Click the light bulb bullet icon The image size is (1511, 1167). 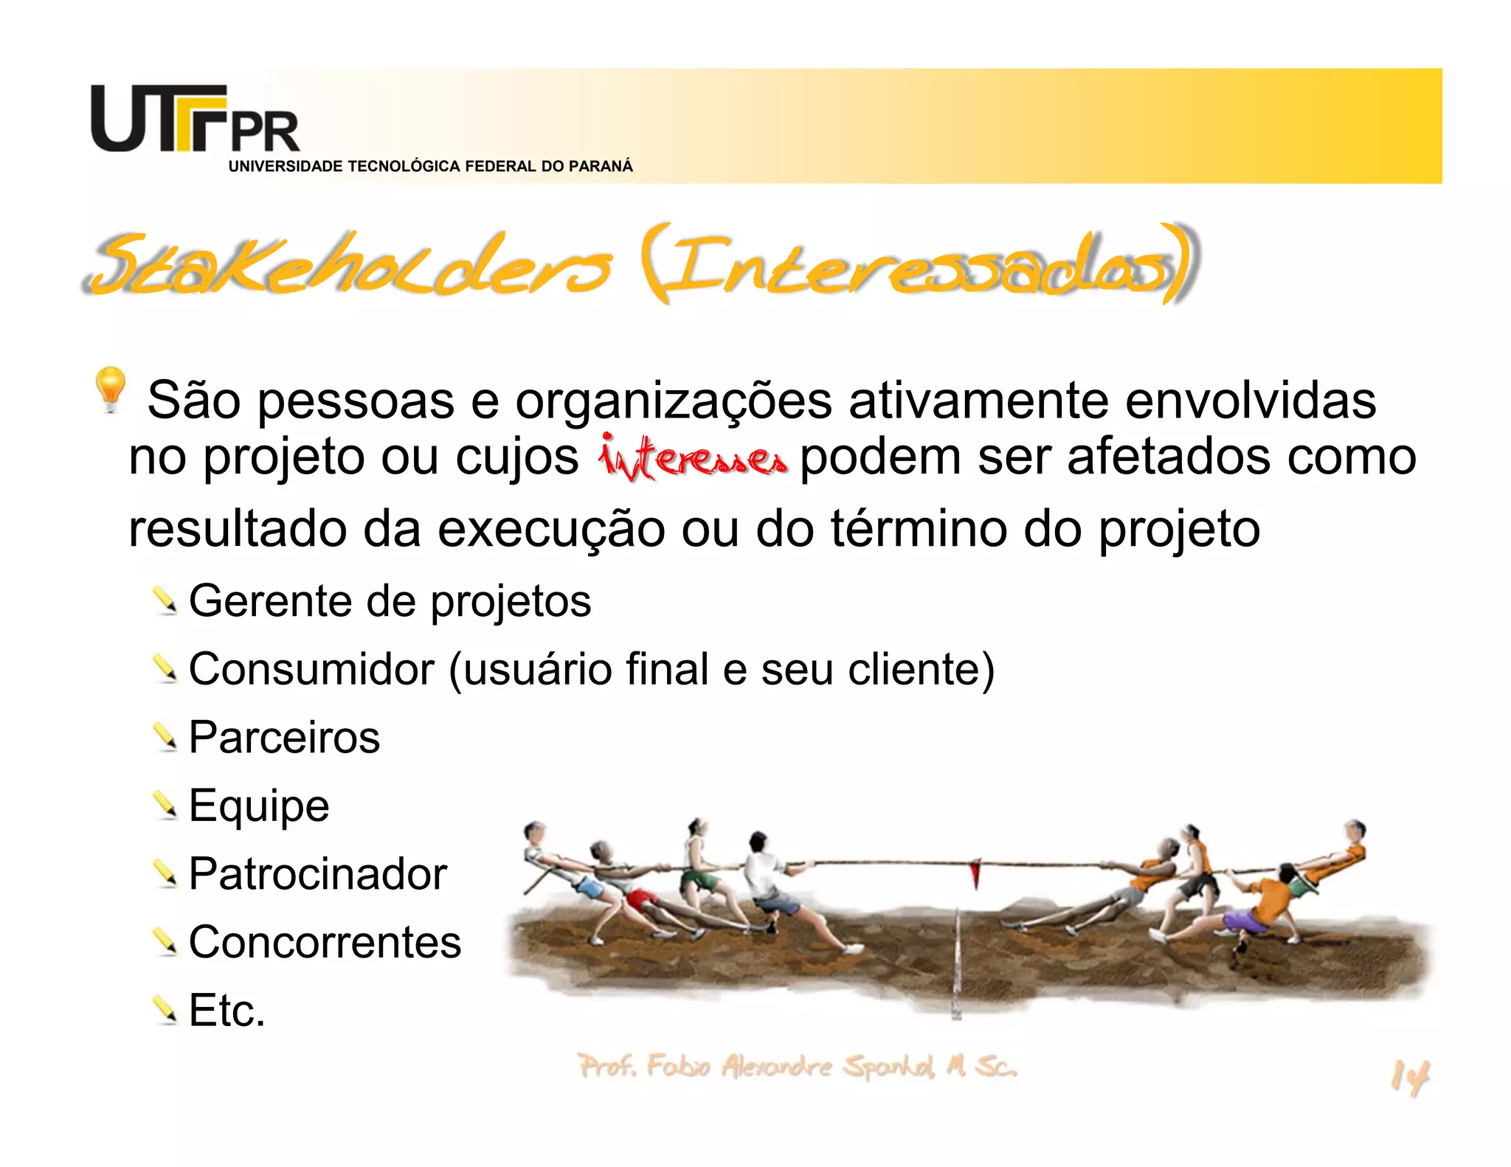click(110, 388)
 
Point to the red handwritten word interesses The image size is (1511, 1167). click(691, 457)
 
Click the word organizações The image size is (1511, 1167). click(673, 402)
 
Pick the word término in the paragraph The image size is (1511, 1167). click(918, 530)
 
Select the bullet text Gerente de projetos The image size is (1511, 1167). click(390, 601)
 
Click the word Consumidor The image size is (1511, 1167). click(311, 670)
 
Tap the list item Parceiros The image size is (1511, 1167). click(284, 738)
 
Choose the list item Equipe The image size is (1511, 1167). click(258, 806)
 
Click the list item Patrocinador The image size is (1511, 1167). click(317, 874)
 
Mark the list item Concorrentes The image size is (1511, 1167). click(325, 942)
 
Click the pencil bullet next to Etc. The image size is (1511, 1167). click(165, 1010)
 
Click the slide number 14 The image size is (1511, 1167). click(1409, 1078)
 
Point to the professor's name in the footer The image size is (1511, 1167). click(797, 1067)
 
